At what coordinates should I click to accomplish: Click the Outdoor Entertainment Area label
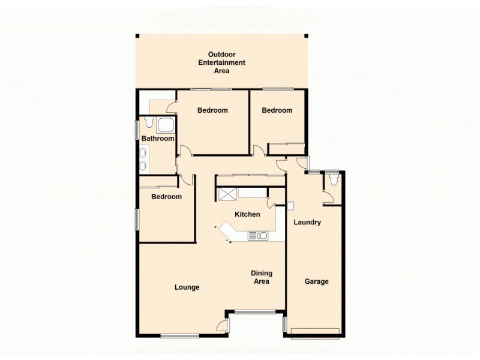(x=222, y=62)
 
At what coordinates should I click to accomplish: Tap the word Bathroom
(x=158, y=139)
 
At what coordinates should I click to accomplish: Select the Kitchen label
(x=247, y=214)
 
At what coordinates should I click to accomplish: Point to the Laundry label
(x=307, y=222)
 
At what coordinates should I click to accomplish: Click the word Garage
(x=316, y=281)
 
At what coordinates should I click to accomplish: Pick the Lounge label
(x=187, y=287)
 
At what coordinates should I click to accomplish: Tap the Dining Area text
(x=261, y=277)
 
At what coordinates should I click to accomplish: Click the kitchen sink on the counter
(x=262, y=235)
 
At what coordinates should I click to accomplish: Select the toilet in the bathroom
(x=148, y=125)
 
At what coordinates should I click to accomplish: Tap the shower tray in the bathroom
(x=166, y=125)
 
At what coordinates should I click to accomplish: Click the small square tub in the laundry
(x=290, y=206)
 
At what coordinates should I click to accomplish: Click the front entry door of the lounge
(x=224, y=325)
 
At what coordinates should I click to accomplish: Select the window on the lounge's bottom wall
(x=179, y=334)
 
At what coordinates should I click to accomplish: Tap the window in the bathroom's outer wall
(x=137, y=129)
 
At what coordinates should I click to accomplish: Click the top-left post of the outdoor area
(x=137, y=36)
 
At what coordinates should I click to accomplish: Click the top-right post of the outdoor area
(x=307, y=36)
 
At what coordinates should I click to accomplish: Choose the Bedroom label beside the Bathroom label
(x=212, y=110)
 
